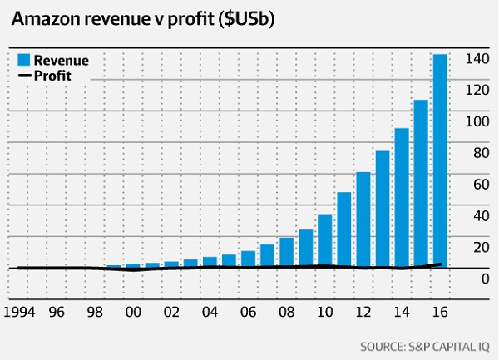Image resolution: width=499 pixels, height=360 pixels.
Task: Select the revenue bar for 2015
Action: (421, 183)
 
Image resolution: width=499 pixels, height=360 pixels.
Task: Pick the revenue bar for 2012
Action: (363, 219)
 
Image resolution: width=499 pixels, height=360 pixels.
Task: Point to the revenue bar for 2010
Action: (325, 241)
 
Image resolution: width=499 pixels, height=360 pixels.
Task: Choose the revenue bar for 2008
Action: (287, 253)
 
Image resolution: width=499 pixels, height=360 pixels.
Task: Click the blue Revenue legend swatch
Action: (24, 60)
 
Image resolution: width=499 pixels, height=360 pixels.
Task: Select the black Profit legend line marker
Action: (24, 76)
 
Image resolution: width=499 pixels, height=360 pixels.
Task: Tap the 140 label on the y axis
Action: (476, 59)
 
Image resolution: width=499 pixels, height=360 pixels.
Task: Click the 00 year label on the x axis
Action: (132, 313)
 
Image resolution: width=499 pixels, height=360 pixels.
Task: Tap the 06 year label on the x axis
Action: (247, 313)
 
